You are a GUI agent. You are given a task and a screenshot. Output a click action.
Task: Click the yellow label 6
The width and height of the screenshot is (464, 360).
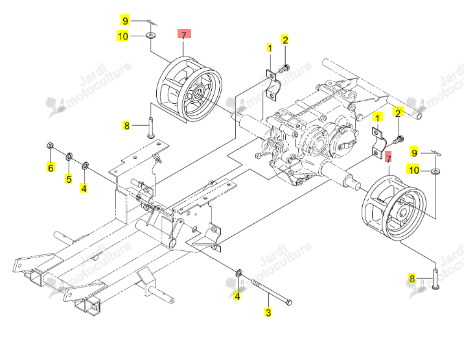(51, 167)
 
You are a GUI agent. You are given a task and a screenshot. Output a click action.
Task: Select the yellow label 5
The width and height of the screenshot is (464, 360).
(69, 178)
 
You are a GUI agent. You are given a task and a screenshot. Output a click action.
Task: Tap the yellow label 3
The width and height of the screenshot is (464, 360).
(268, 312)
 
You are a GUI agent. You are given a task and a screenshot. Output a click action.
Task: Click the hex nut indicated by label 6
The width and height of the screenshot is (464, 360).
(51, 145)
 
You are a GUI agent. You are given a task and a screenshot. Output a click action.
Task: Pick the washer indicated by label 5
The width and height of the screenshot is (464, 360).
(69, 156)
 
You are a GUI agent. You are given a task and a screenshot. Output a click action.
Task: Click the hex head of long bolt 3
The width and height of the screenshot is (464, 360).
(289, 302)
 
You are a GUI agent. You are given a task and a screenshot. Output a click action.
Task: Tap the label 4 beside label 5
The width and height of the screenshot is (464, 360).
(84, 187)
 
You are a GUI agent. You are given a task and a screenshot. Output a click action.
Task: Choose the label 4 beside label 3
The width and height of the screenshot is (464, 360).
(237, 295)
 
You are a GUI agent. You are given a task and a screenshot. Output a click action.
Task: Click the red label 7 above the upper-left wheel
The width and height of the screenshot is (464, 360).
(184, 34)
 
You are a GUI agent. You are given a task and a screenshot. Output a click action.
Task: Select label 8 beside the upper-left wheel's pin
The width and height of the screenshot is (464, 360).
(126, 126)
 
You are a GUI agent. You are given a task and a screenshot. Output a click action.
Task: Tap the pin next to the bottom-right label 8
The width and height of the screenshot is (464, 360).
(435, 278)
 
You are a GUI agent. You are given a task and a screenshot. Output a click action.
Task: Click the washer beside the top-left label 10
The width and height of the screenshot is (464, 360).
(151, 36)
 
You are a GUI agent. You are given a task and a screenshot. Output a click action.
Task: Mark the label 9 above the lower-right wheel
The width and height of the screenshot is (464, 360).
(415, 152)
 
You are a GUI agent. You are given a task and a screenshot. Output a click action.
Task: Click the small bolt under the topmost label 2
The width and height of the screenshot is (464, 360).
(284, 69)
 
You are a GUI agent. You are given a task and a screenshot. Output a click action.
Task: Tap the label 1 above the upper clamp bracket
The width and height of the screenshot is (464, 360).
(270, 48)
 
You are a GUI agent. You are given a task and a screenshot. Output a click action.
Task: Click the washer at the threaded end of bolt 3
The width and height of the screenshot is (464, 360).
(239, 272)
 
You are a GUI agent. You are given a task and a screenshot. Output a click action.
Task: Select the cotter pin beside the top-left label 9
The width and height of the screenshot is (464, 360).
(153, 23)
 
